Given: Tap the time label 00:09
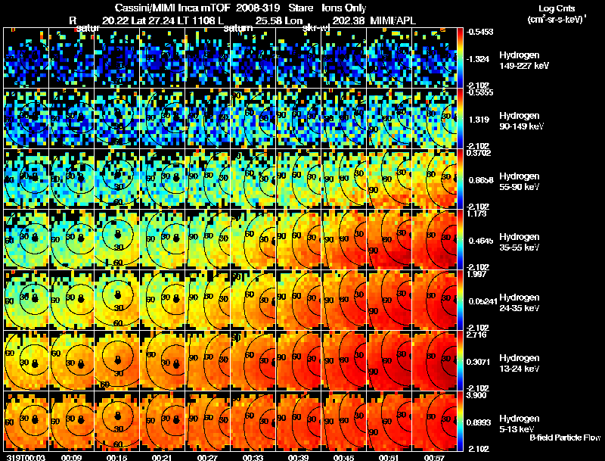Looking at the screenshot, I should (x=71, y=457).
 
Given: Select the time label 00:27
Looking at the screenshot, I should (x=208, y=457).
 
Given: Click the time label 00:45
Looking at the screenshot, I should (x=344, y=457).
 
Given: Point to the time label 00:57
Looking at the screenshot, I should (x=436, y=457).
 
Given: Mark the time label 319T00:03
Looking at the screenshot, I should (x=22, y=457).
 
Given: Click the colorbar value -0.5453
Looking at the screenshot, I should (x=480, y=32).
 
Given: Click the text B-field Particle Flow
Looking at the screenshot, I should (x=564, y=438).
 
